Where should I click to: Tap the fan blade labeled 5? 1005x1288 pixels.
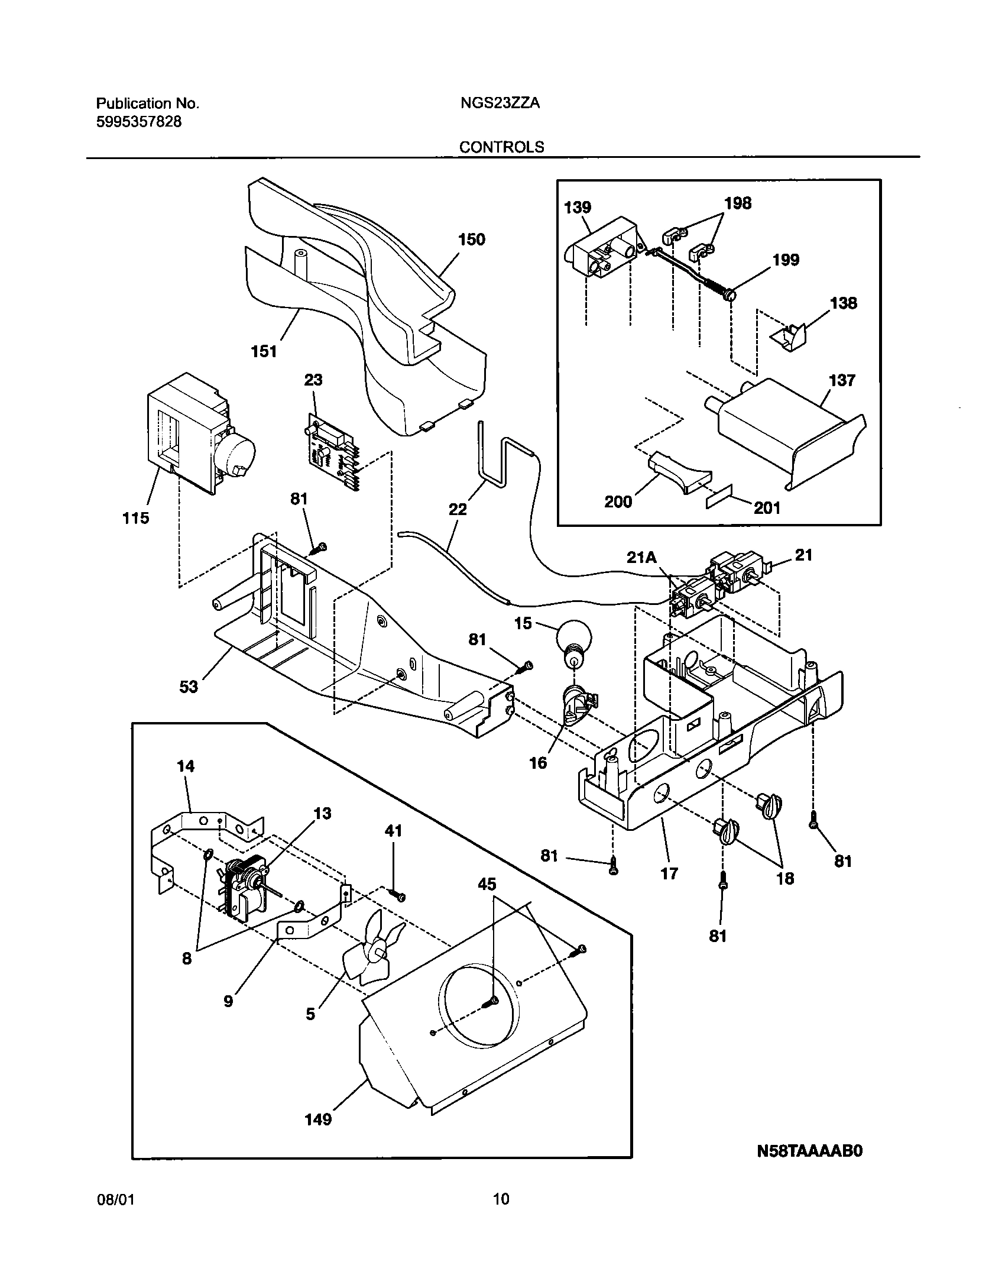tap(371, 953)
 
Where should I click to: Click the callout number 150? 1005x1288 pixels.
tap(471, 240)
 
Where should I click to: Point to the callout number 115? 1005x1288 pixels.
tap(135, 518)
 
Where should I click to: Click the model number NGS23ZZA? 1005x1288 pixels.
tap(500, 103)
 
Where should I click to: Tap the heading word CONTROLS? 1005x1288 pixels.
tap(502, 147)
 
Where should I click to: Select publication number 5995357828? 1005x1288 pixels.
tap(139, 122)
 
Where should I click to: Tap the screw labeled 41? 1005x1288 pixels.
tap(398, 897)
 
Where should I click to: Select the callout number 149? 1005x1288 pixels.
tap(318, 1119)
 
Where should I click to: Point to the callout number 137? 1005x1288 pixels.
tap(842, 380)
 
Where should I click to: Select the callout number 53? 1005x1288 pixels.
tap(189, 687)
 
